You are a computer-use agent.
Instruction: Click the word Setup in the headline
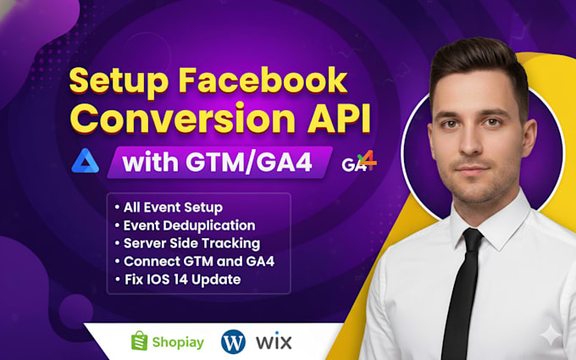(x=116, y=82)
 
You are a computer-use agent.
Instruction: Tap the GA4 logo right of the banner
(x=359, y=162)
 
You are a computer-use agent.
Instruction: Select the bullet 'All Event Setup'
(x=167, y=208)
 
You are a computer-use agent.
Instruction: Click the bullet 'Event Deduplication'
(x=184, y=225)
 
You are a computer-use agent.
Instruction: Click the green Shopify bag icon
(x=140, y=341)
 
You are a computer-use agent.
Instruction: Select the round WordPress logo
(x=233, y=341)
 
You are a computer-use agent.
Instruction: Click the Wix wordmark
(x=273, y=342)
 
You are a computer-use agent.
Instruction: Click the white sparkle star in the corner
(x=551, y=336)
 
